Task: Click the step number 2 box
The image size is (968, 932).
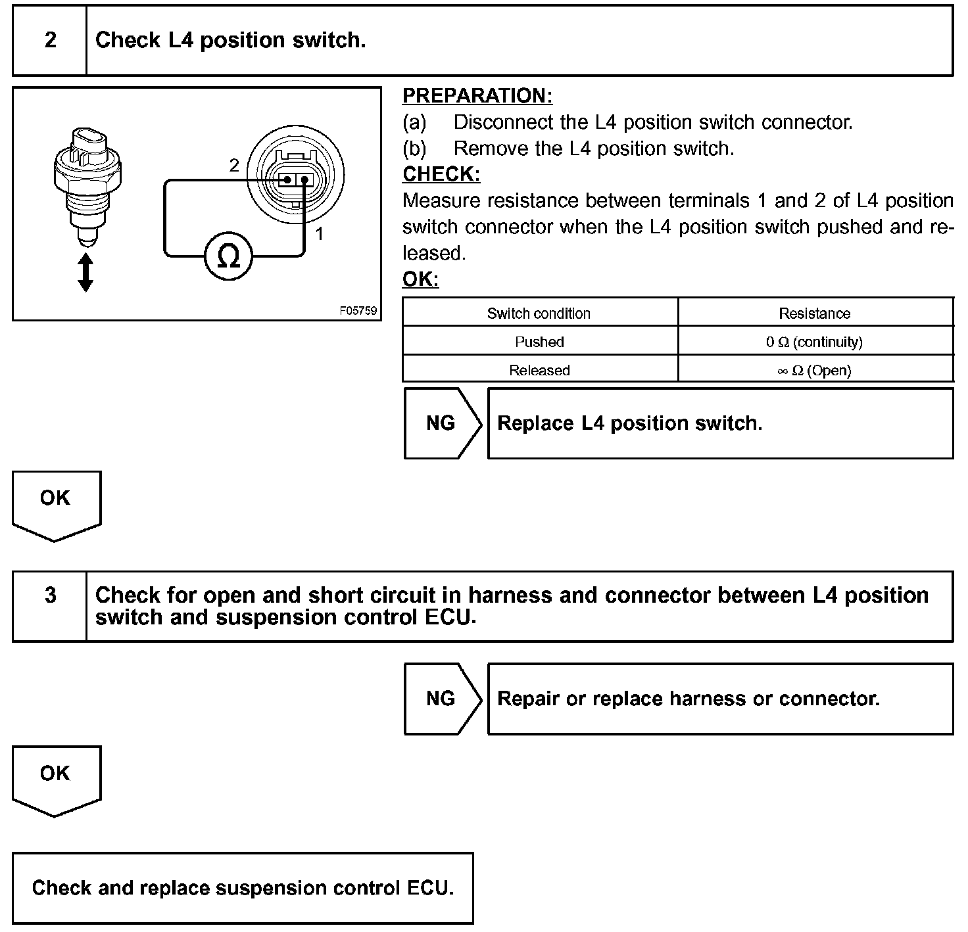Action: (x=50, y=41)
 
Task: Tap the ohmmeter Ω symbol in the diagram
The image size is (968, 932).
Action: (x=228, y=256)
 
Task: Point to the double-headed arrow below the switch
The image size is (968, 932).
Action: (x=85, y=273)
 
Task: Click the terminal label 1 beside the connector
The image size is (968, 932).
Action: (x=319, y=233)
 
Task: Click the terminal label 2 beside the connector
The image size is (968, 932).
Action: (x=234, y=166)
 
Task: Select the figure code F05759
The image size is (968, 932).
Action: (x=358, y=310)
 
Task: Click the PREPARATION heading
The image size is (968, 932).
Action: (x=477, y=96)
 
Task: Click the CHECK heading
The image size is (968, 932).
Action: (x=441, y=174)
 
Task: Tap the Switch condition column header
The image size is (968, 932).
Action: (x=539, y=314)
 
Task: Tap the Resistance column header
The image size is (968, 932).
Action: (x=814, y=314)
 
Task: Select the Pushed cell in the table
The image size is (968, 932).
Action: (x=539, y=342)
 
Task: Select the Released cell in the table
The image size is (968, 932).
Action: (x=539, y=370)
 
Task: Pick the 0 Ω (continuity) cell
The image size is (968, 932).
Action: (x=814, y=342)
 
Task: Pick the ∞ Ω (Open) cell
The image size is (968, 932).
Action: (x=814, y=370)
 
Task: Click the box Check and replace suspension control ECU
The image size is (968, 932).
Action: (x=243, y=888)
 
